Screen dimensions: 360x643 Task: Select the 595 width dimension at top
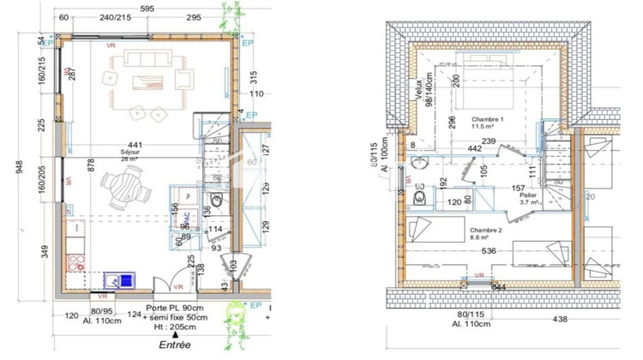pyautogui.click(x=147, y=7)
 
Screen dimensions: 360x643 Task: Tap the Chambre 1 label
pyautogui.click(x=486, y=119)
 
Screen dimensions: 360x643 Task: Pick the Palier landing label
pyautogui.click(x=527, y=196)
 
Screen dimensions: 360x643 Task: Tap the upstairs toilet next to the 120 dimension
pyautogui.click(x=421, y=198)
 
